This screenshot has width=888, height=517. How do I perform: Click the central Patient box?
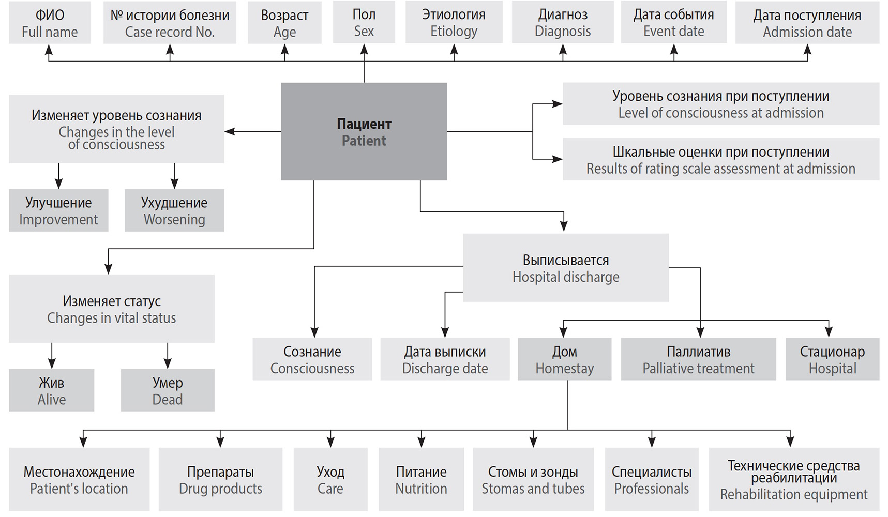(x=364, y=131)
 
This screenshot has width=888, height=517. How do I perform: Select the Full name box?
(x=50, y=23)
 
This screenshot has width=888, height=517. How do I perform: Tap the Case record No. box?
(x=170, y=23)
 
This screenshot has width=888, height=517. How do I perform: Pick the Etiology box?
(x=454, y=23)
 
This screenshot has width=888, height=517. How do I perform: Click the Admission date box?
(x=807, y=23)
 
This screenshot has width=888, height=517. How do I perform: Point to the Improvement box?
(x=58, y=210)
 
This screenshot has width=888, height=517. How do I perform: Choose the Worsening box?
(x=174, y=210)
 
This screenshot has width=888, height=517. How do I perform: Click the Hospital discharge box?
(x=565, y=268)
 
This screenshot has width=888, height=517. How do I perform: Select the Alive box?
(x=51, y=390)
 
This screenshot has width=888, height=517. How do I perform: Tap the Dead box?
(x=168, y=390)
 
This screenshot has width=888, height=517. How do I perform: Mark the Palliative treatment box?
(x=698, y=359)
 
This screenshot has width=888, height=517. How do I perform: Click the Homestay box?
(x=564, y=359)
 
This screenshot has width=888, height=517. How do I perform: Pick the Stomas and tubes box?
(x=533, y=479)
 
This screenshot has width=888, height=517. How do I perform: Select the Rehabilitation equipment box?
(x=793, y=479)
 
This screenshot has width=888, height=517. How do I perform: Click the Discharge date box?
(x=445, y=359)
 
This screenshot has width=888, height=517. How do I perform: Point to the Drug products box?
(x=220, y=479)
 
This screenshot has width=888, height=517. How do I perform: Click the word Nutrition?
(x=421, y=489)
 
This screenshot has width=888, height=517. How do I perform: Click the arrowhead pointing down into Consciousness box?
(x=314, y=332)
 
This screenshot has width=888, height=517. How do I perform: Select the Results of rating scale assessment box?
(x=720, y=160)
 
